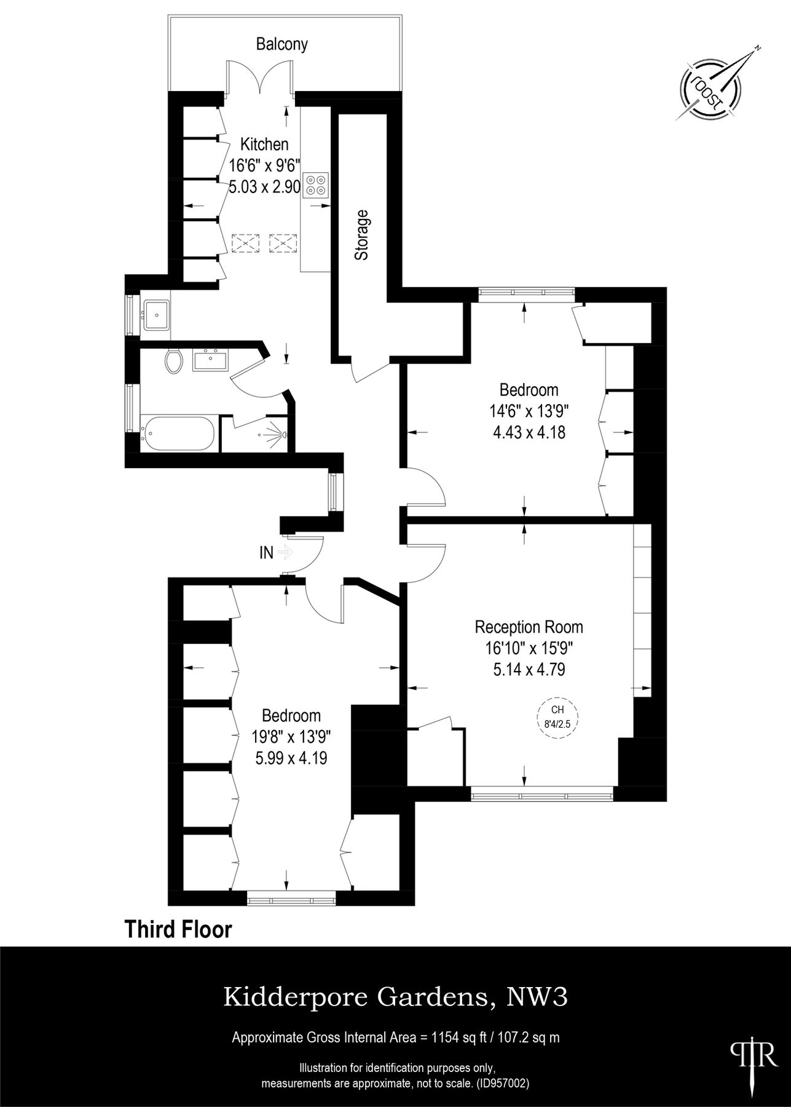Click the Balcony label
(281, 44)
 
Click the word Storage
(362, 235)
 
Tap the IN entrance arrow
(285, 552)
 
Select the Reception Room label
(529, 627)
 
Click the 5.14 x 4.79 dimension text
(529, 669)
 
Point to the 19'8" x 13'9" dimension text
(291, 737)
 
